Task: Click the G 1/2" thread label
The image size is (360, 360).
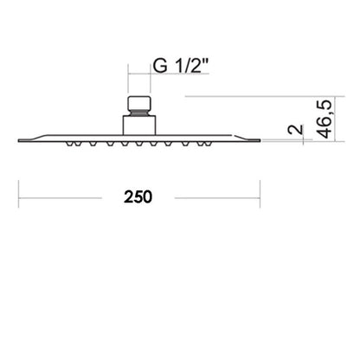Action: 181,66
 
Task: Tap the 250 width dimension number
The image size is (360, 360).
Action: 138,197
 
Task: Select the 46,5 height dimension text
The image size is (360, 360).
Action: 325,119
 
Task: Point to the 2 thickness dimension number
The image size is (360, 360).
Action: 296,130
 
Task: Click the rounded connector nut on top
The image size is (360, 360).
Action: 139,103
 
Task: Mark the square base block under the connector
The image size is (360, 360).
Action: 139,125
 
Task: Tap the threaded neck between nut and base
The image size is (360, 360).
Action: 139,112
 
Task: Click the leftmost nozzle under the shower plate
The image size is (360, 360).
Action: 69,144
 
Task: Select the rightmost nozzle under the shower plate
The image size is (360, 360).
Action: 208,144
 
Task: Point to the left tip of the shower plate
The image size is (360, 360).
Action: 18,141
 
